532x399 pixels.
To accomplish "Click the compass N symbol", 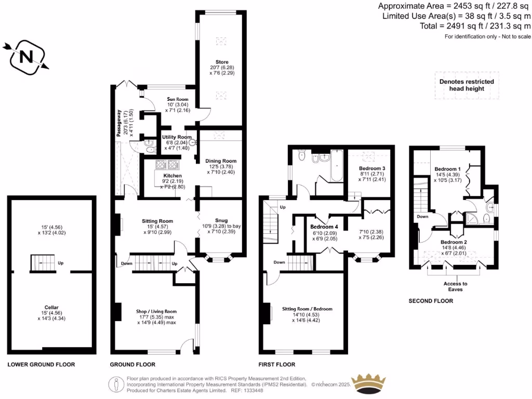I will (x=24, y=56).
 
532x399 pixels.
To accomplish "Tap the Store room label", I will (x=222, y=62).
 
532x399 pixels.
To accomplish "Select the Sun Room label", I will (x=177, y=99).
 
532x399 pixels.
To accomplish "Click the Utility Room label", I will (x=177, y=137).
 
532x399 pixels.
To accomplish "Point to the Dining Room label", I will (x=221, y=161).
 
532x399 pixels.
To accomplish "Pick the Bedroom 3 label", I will (x=372, y=169).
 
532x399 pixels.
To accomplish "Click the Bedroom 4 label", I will (x=324, y=227).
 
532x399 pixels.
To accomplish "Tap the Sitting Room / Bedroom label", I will (x=307, y=309).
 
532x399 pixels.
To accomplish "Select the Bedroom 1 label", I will (x=447, y=169).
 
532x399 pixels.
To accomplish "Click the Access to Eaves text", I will (x=455, y=286).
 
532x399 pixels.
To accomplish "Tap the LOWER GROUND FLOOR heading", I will (x=41, y=365).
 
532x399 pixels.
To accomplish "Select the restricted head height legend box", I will (x=466, y=85).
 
